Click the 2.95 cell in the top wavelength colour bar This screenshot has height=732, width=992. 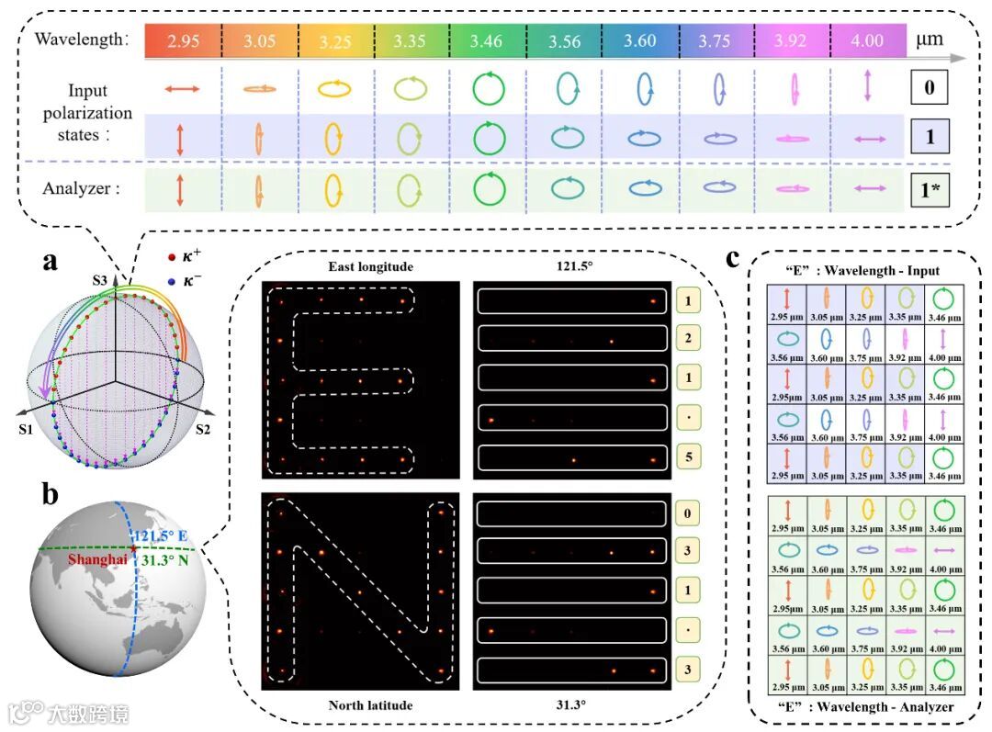182,40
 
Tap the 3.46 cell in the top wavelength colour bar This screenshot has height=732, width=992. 487,40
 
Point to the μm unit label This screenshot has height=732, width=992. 929,40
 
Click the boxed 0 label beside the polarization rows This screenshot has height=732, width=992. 930,89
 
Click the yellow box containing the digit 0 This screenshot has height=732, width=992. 689,512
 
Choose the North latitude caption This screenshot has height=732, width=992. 370,704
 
